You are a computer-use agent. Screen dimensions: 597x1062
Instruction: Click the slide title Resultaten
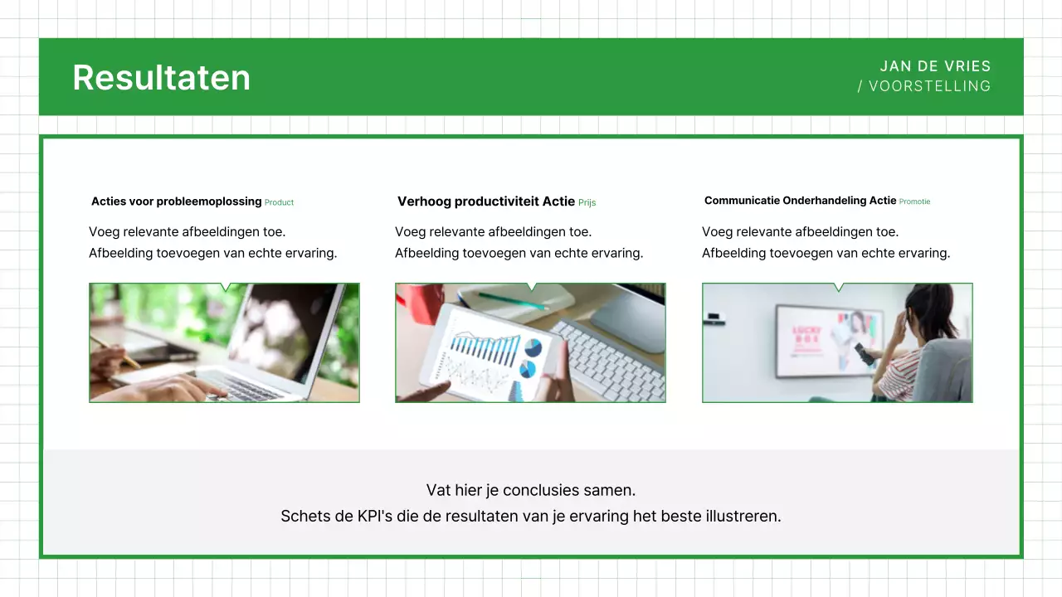point(161,77)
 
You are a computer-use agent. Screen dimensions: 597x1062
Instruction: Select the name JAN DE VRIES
point(935,66)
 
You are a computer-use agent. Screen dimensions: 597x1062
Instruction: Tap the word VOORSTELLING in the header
point(929,86)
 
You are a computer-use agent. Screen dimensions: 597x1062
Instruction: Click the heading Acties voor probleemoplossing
point(176,201)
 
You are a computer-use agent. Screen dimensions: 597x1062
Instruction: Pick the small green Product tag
point(279,202)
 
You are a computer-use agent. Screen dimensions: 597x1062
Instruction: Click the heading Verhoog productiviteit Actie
point(485,201)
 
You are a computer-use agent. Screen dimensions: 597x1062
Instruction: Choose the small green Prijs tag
point(587,202)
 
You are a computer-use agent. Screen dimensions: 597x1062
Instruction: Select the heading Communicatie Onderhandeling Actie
point(800,201)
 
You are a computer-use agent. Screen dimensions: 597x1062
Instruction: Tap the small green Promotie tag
point(914,201)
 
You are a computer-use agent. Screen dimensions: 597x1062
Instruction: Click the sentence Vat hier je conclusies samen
point(531,490)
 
